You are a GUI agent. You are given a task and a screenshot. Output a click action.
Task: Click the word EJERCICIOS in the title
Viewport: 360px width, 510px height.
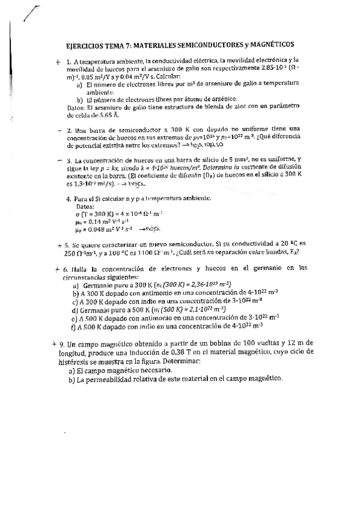pyautogui.click(x=84, y=45)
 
